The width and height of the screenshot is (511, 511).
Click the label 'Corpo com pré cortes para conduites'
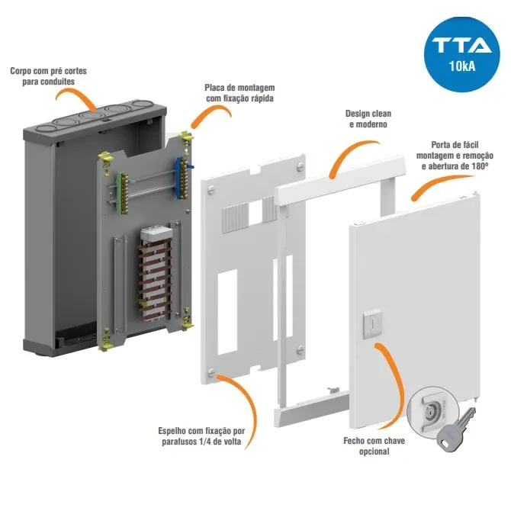click(48, 76)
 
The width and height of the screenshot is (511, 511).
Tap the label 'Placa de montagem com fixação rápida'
click(239, 92)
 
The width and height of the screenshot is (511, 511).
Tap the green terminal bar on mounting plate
click(121, 191)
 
